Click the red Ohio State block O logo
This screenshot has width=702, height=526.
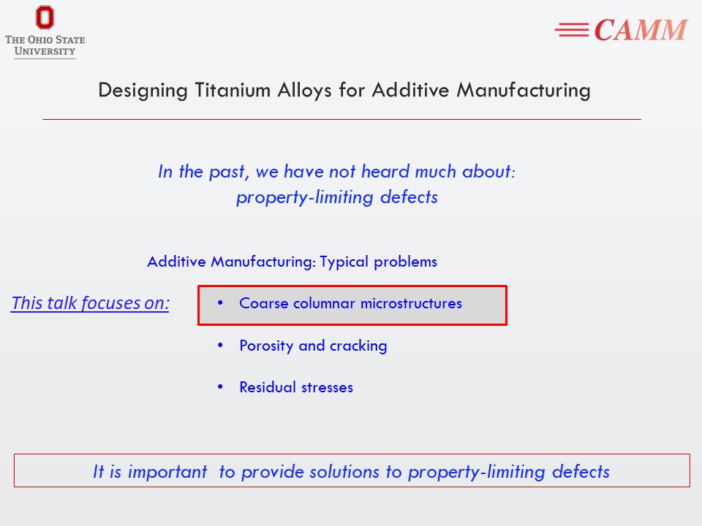[x=45, y=17]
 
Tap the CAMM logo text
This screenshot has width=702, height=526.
[x=641, y=30]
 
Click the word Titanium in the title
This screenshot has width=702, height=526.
[x=233, y=90]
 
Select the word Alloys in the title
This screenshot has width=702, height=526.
[x=304, y=91]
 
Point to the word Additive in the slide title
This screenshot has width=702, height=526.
[x=410, y=90]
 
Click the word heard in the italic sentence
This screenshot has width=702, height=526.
[x=385, y=171]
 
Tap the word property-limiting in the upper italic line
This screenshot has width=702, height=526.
[x=305, y=197]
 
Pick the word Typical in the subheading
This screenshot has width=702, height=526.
[x=344, y=262]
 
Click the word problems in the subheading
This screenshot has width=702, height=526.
[x=405, y=262]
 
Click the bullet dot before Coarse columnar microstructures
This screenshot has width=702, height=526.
[x=220, y=302]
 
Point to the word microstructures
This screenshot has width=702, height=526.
[x=411, y=303]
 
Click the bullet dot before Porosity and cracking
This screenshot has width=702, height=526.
[x=220, y=345]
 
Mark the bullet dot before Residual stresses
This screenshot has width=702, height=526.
[x=220, y=386]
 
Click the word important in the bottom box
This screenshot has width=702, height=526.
[x=167, y=472]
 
